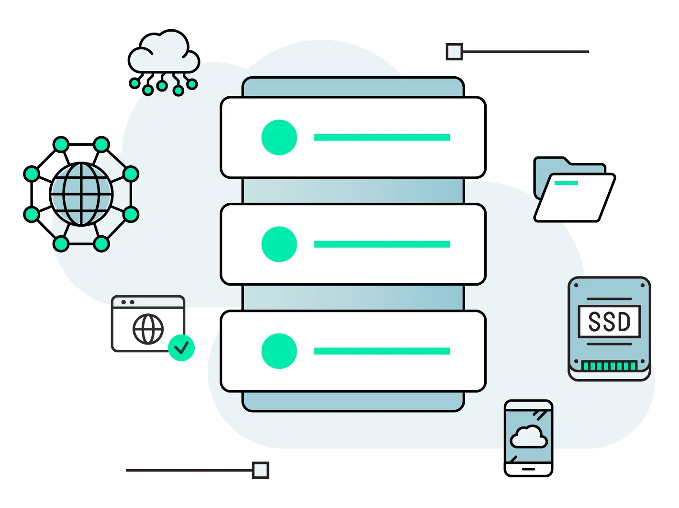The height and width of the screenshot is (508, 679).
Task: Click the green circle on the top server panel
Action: [279, 138]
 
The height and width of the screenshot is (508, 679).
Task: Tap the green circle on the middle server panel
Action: [279, 244]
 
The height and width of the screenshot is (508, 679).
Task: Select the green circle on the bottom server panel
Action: [279, 351]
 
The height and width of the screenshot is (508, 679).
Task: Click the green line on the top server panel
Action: [381, 138]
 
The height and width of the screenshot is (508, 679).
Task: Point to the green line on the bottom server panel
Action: [381, 351]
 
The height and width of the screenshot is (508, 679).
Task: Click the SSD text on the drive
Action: [609, 322]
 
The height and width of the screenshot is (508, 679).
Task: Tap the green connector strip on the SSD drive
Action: [609, 366]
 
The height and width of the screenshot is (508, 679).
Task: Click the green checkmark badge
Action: [181, 347]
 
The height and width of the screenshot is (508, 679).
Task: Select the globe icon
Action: [82, 195]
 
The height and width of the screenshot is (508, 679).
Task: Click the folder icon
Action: [573, 192]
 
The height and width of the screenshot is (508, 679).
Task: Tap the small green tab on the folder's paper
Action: [566, 183]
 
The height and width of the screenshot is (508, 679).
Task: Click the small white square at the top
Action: [454, 51]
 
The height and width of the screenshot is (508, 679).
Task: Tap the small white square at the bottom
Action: [260, 470]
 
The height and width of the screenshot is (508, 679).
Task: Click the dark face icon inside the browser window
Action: [146, 328]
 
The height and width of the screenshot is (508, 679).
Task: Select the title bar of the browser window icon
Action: [148, 302]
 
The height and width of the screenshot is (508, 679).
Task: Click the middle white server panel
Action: [353, 244]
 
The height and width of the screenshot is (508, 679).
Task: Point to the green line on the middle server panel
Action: [381, 244]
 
